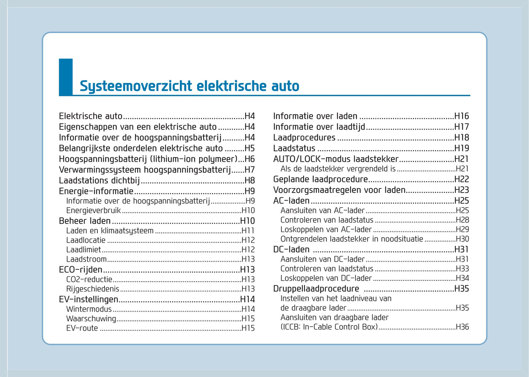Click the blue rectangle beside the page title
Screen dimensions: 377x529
coord(66,77)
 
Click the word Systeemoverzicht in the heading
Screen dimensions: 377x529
coord(136,86)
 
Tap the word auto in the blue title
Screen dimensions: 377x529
coord(285,86)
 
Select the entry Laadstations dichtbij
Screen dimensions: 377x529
coord(99,180)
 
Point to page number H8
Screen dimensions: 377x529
coord(250,180)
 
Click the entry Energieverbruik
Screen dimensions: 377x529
coord(93,210)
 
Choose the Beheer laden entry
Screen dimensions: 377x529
coord(85,221)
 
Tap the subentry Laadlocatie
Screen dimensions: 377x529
coord(86,240)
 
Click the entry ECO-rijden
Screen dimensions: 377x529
coord(81,270)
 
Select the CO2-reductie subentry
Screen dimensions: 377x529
coord(89,279)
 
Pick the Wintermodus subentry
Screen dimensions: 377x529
coord(89,309)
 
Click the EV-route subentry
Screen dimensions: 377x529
coord(82,328)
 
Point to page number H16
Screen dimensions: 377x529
coord(461,116)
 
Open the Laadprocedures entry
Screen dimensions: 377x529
coord(304,138)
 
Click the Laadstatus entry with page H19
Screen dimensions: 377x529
coord(294,148)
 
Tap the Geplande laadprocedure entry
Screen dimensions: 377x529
coord(320,179)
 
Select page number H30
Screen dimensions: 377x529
coord(462,239)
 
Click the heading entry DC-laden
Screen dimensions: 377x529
coord(291,249)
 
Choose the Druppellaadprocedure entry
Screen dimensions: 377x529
coord(316,288)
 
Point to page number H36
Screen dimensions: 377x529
coord(462,327)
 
